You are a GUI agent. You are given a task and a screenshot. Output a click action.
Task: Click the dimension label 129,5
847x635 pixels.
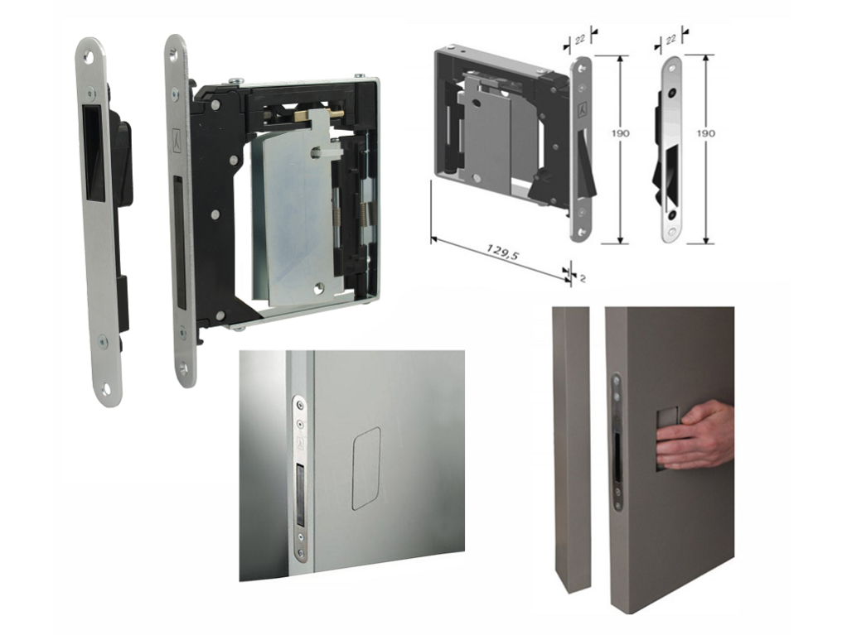(x=502, y=252)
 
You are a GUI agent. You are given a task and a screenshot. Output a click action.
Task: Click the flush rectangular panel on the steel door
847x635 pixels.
(x=366, y=469)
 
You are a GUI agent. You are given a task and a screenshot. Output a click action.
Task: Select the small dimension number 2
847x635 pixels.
(x=583, y=278)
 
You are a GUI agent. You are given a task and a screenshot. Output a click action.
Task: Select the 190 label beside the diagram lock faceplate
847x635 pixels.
(x=620, y=132)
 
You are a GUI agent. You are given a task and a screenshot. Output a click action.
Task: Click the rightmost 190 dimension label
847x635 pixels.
(x=705, y=132)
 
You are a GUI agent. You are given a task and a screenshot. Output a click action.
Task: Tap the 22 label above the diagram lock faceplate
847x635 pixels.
(x=579, y=39)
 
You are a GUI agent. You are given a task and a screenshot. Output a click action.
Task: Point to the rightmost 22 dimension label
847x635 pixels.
(x=671, y=40)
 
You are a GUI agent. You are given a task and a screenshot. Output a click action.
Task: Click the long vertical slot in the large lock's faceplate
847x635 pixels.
(x=178, y=243)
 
